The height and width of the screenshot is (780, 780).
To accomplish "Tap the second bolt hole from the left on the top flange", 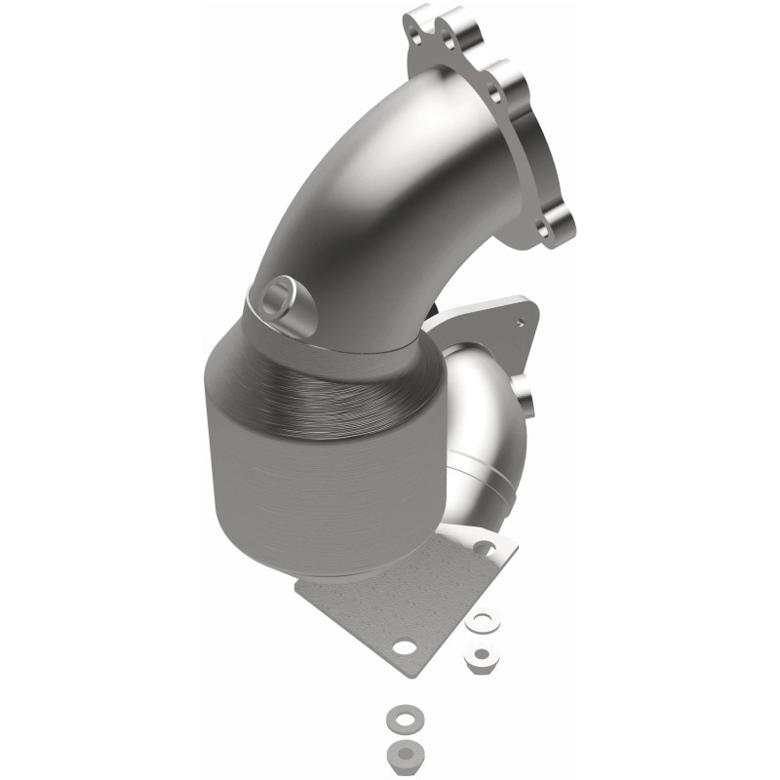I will (448, 40).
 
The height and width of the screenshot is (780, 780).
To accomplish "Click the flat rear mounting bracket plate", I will (487, 322).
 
